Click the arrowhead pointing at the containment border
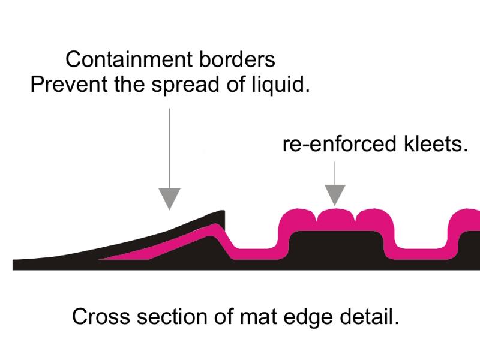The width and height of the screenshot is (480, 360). click(170, 198)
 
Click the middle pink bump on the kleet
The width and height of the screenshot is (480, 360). click(335, 218)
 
